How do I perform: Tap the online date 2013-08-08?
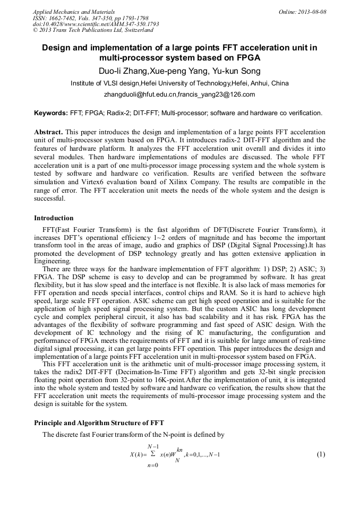[311, 12]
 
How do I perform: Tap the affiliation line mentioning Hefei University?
[179, 83]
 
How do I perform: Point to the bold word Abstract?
[48, 132]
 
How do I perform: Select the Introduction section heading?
[54, 218]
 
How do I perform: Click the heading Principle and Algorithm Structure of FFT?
[99, 422]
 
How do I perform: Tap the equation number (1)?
[320, 455]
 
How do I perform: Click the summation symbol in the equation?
[153, 454]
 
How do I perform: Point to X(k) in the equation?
[137, 455]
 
